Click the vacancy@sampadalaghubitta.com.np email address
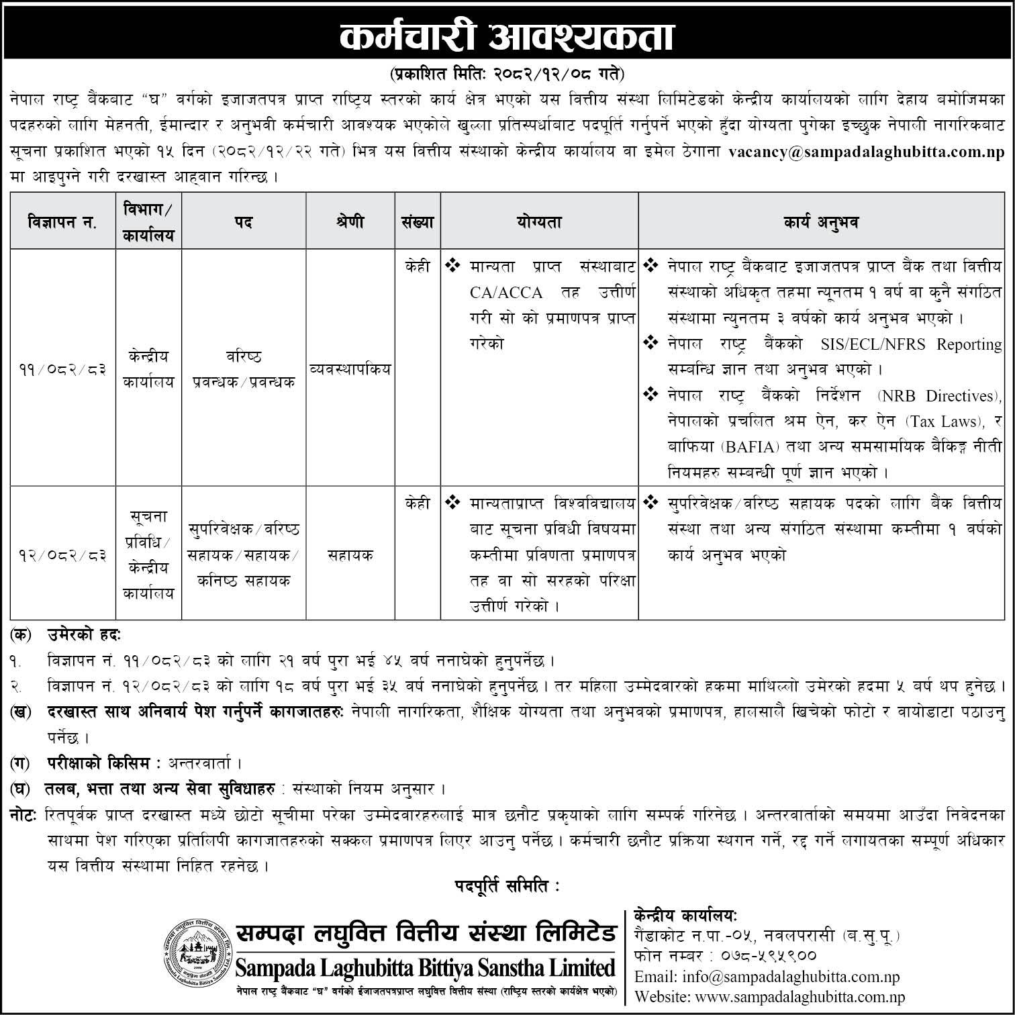[866, 152]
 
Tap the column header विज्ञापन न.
[62, 222]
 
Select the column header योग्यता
[539, 222]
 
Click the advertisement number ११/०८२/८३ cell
[62, 369]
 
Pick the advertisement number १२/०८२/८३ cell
[62, 556]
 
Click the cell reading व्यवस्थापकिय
[350, 369]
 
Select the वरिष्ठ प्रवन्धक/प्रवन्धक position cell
[244, 369]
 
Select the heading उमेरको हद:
[84, 634]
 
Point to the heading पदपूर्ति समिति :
[507, 887]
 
